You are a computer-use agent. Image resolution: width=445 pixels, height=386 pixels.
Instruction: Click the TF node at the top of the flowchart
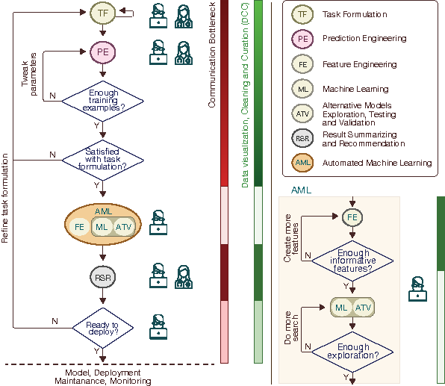[x=103, y=13]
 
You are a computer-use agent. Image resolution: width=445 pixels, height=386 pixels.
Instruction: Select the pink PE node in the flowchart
[x=103, y=52]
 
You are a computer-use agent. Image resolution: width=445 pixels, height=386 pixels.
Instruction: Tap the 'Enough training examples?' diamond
[x=103, y=101]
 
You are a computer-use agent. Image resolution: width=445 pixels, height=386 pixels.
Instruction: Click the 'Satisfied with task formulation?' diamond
[x=103, y=160]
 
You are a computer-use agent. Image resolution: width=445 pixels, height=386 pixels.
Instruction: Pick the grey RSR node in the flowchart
[x=103, y=277]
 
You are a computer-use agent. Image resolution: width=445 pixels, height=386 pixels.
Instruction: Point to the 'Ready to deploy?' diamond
[x=103, y=328]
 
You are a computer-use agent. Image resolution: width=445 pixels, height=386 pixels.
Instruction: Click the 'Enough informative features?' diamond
[x=352, y=261]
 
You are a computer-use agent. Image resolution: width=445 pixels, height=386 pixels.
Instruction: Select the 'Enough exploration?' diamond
[x=352, y=352]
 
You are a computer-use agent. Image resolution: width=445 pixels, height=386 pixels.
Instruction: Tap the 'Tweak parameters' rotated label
[x=29, y=73]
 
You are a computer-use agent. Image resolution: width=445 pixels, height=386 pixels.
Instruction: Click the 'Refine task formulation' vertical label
[x=4, y=198]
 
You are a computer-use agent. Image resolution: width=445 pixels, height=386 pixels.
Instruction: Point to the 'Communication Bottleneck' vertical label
[x=212, y=55]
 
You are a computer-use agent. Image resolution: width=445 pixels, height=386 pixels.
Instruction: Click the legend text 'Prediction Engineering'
[x=364, y=38]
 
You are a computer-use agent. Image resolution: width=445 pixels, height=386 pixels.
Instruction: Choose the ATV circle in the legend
[x=302, y=113]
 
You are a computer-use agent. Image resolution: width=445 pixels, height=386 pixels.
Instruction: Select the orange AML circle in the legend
[x=302, y=163]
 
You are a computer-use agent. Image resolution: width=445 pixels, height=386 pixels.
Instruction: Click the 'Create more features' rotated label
[x=291, y=238]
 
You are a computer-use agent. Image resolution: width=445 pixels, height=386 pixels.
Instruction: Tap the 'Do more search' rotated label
[x=291, y=328]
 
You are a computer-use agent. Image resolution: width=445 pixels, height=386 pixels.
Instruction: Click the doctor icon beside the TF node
[x=184, y=16]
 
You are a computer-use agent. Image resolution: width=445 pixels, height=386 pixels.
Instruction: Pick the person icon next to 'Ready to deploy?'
[x=158, y=327]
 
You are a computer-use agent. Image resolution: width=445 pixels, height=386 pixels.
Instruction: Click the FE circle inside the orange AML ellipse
[x=79, y=227]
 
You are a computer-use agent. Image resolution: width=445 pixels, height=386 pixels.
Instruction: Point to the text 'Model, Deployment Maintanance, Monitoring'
[x=103, y=377]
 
